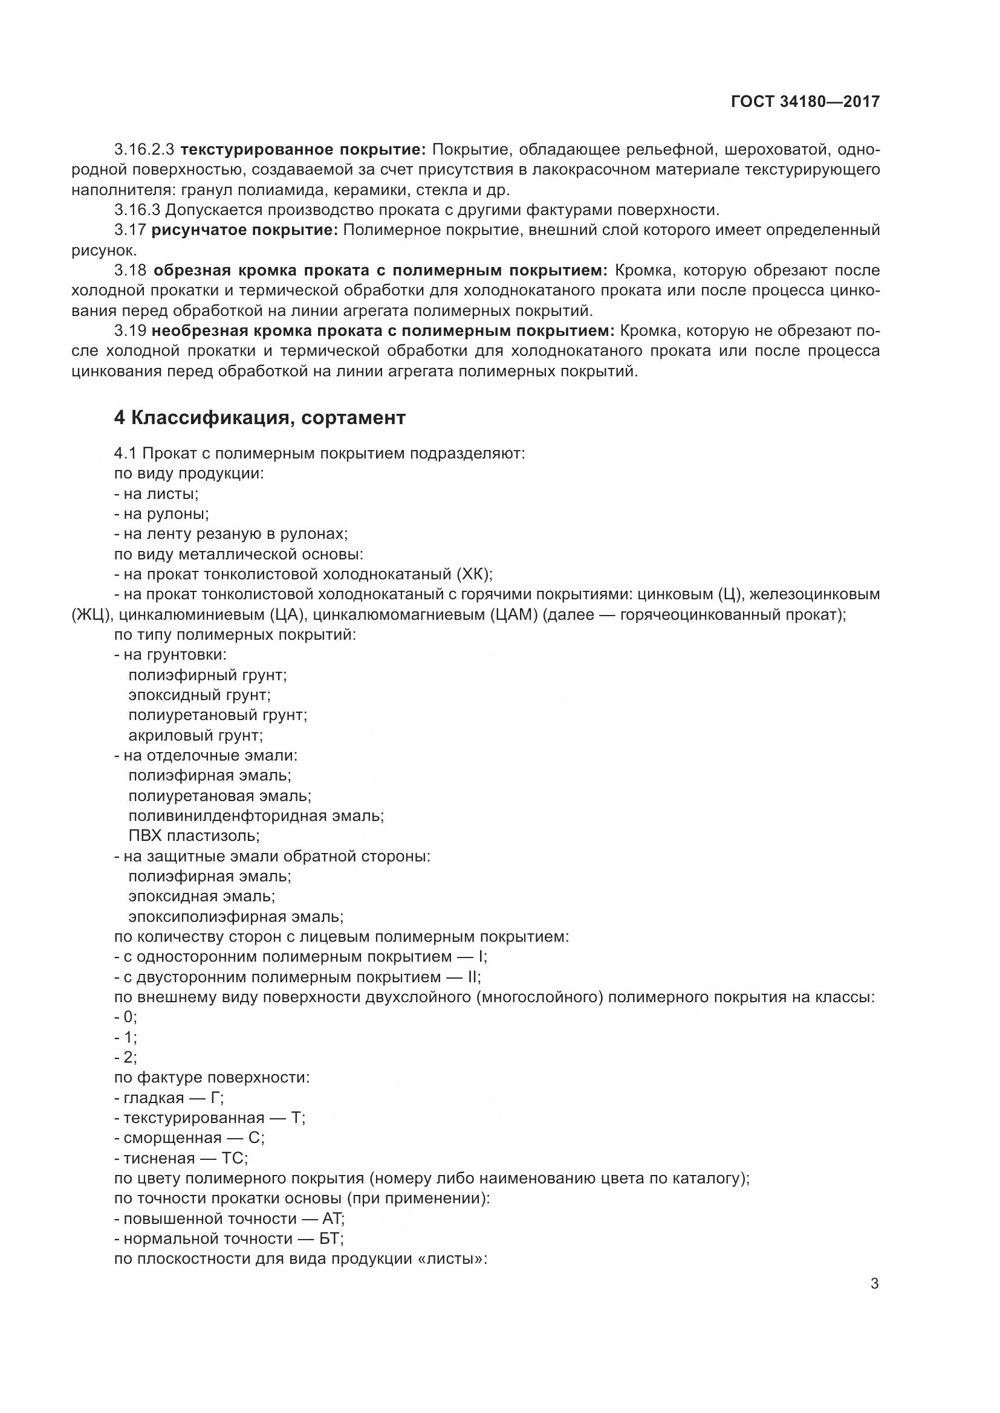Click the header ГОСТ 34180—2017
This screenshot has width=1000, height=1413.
coord(805,101)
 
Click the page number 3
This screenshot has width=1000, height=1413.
coord(874,1284)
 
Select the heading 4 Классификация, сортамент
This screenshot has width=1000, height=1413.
coord(259,417)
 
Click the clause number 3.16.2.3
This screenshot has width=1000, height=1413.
coord(144,150)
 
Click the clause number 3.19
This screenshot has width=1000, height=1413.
coord(130,331)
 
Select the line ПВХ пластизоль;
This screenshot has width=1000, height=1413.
coord(194,835)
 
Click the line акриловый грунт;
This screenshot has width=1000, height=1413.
coord(195,735)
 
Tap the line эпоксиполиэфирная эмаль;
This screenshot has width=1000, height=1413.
coord(236,916)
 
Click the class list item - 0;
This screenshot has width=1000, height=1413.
coord(126,1017)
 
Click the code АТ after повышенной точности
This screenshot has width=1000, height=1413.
coord(333,1218)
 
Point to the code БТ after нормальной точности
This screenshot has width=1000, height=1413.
coord(332,1238)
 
